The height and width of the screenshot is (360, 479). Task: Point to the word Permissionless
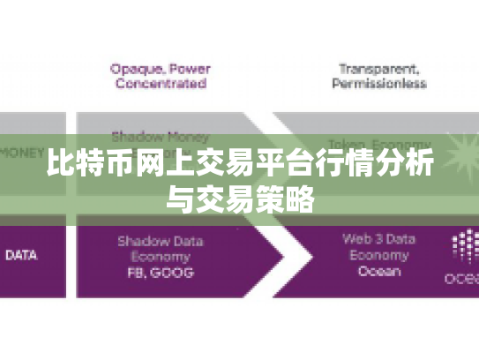[378, 84]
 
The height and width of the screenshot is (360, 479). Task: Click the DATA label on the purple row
[21, 256]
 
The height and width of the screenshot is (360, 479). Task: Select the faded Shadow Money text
[160, 137]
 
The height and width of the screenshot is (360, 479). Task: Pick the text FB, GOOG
[160, 273]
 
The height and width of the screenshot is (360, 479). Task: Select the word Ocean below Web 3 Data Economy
[378, 273]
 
